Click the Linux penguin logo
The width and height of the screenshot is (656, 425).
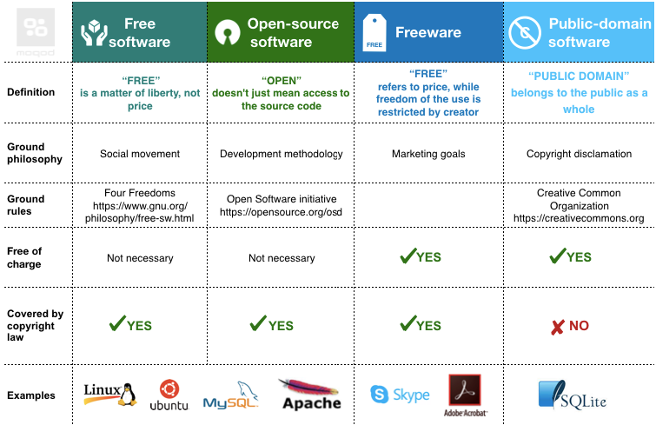[x=109, y=394]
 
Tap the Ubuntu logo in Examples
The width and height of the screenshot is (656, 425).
[x=169, y=395]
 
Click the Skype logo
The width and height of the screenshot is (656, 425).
[x=401, y=395]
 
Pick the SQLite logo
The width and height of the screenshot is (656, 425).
[x=572, y=395]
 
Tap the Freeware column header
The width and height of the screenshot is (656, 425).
[x=428, y=33]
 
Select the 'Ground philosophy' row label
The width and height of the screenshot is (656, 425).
[x=35, y=153]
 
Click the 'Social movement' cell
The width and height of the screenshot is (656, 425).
[x=140, y=154]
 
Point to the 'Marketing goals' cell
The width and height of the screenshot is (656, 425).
[x=428, y=154]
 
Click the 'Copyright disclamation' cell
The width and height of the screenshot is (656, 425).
[x=579, y=154]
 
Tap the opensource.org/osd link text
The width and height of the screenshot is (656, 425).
[x=280, y=212]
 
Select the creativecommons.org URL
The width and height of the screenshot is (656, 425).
[x=579, y=218]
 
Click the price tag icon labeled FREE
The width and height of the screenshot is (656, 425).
[x=374, y=33]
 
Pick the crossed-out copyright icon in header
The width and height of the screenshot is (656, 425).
[x=526, y=33]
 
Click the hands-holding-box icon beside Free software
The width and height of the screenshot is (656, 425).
[x=94, y=33]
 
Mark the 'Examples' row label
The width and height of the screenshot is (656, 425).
[x=31, y=395]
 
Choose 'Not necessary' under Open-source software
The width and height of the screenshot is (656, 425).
[x=282, y=258]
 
